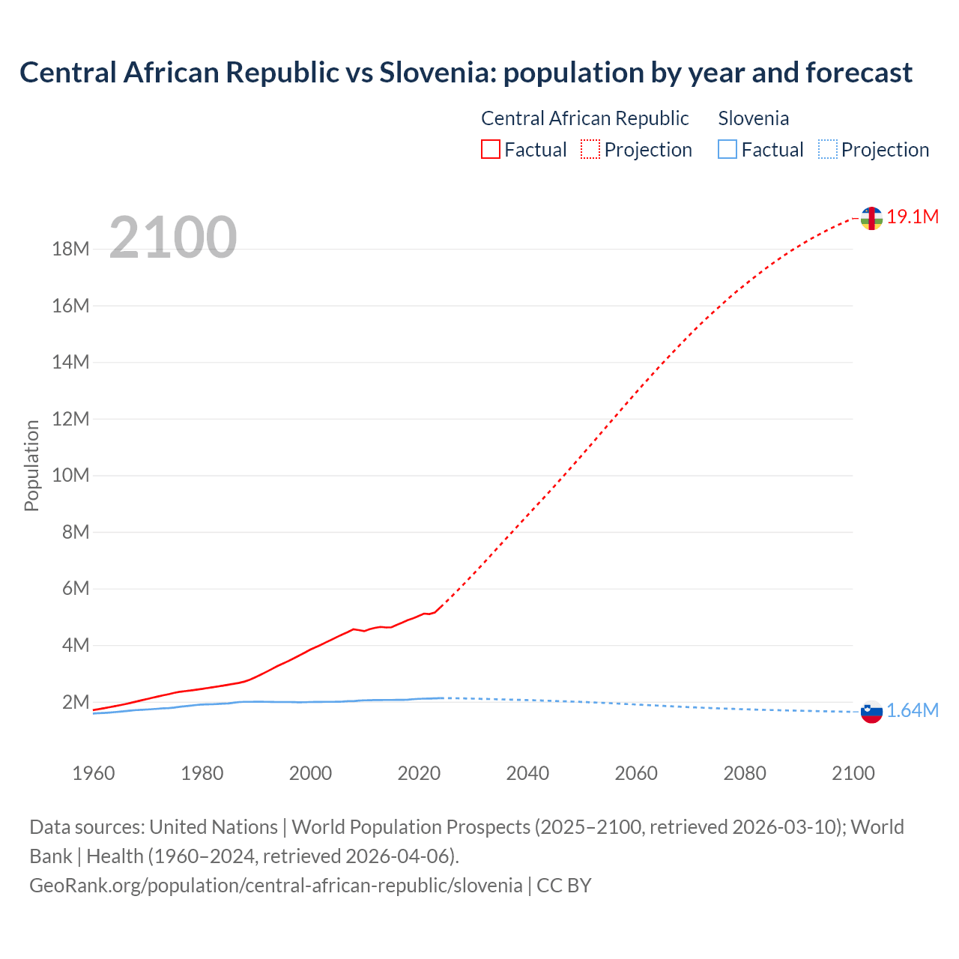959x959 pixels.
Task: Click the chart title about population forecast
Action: tap(465, 73)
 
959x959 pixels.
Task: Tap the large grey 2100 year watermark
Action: tap(173, 238)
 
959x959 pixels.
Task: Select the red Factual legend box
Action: tap(490, 150)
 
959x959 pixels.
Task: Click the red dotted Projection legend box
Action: tap(590, 150)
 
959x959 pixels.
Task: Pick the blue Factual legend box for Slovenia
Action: tap(727, 150)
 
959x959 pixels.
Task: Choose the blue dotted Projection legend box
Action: tap(827, 150)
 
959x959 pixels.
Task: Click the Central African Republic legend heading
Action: tap(584, 118)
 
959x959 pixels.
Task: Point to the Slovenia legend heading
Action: tap(753, 118)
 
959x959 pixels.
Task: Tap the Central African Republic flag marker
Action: tap(871, 218)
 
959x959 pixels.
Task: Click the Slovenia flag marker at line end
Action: tap(871, 712)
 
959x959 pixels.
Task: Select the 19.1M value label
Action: tap(913, 217)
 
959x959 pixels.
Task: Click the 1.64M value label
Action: tap(913, 711)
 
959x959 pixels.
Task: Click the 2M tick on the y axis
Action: tap(76, 702)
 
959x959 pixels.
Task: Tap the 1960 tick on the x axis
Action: tap(94, 773)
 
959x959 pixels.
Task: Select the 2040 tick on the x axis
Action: tap(527, 773)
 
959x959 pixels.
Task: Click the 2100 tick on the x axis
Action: tap(853, 773)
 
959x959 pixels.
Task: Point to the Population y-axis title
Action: tap(31, 465)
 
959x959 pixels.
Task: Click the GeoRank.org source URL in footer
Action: tap(276, 886)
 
